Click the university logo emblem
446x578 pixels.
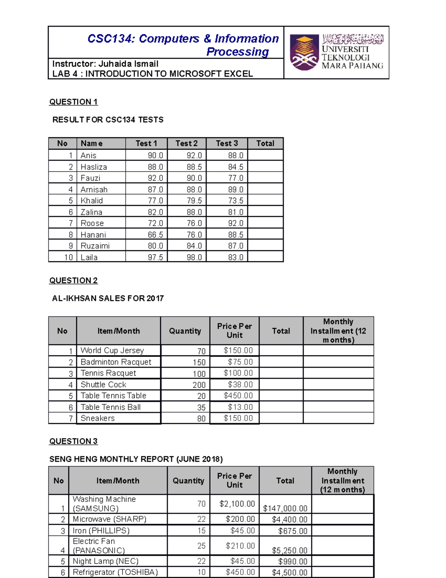(x=304, y=52)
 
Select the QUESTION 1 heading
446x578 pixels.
(x=73, y=102)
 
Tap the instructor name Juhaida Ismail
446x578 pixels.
(x=128, y=64)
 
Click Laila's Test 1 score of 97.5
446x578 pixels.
(x=155, y=257)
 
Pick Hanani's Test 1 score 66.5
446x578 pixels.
(x=155, y=235)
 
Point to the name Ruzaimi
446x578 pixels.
(x=95, y=246)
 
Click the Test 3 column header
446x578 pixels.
(x=227, y=144)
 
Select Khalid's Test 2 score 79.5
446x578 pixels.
(x=194, y=201)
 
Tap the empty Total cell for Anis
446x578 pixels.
(x=265, y=155)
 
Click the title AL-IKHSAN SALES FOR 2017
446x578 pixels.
(x=108, y=298)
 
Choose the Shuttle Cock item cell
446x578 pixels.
(x=103, y=384)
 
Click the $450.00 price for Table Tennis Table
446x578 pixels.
(x=238, y=396)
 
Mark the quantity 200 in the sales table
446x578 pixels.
(x=199, y=385)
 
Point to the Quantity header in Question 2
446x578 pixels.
(x=185, y=331)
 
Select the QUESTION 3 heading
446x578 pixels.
(x=73, y=441)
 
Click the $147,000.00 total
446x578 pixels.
(x=285, y=508)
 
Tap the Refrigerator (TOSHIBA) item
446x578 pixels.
(x=115, y=572)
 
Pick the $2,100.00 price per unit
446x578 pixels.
(x=237, y=504)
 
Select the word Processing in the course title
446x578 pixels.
(x=237, y=52)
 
